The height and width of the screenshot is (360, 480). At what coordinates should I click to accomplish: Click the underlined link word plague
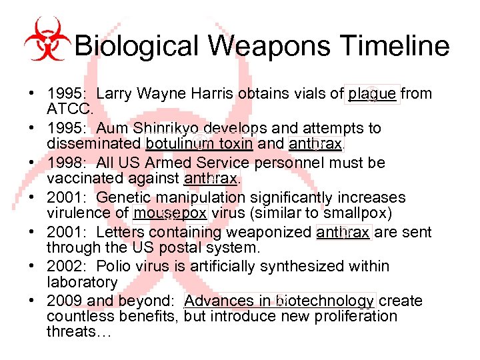373,94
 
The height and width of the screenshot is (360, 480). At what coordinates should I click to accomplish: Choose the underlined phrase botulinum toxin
199,143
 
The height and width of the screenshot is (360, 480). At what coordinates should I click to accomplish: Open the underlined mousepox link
171,213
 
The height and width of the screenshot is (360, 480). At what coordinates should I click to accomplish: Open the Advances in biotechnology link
279,301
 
